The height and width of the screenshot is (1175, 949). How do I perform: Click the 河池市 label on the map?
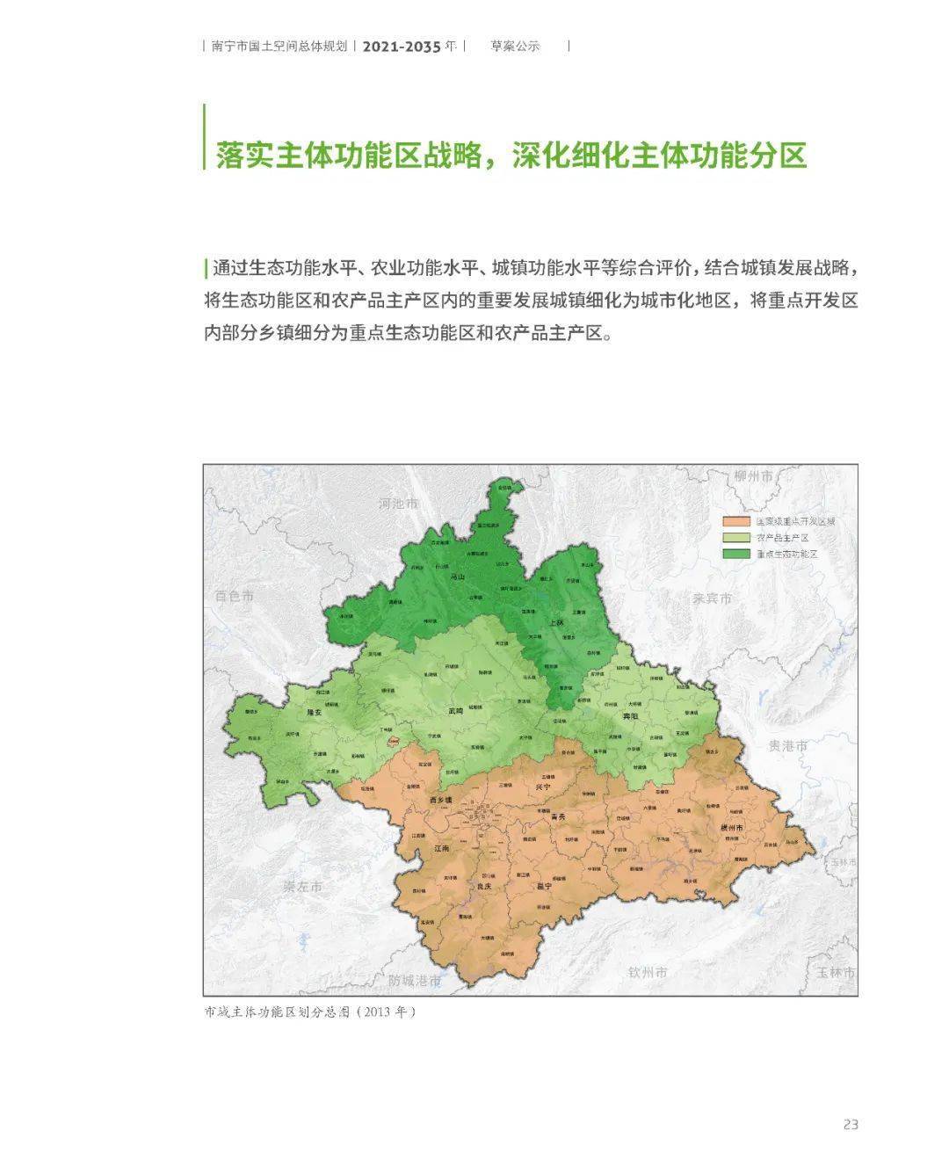point(398,504)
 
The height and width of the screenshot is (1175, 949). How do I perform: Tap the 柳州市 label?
point(754,476)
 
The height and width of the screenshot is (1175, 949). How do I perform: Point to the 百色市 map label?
point(234,596)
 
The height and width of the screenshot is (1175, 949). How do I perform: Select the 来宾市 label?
point(712,598)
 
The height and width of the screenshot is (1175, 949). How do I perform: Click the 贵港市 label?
point(787,745)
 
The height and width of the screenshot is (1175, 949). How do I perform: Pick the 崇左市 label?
point(302,887)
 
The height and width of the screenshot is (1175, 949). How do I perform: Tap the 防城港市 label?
point(415,980)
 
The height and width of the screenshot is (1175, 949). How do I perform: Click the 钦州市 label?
point(648,972)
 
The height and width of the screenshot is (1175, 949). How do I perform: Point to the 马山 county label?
point(457,577)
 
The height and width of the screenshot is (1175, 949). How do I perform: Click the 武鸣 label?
point(454,711)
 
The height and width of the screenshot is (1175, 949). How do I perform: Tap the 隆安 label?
point(314,714)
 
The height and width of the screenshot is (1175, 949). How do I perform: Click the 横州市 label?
point(731,828)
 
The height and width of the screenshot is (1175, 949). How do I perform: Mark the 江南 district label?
point(442,848)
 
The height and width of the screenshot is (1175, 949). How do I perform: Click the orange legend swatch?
point(736,521)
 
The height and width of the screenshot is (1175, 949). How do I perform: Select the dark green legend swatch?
point(736,554)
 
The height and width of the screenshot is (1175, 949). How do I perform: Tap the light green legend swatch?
point(736,538)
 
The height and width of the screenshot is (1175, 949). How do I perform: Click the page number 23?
point(850,1124)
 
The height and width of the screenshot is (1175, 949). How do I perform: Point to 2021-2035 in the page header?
point(401,47)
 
